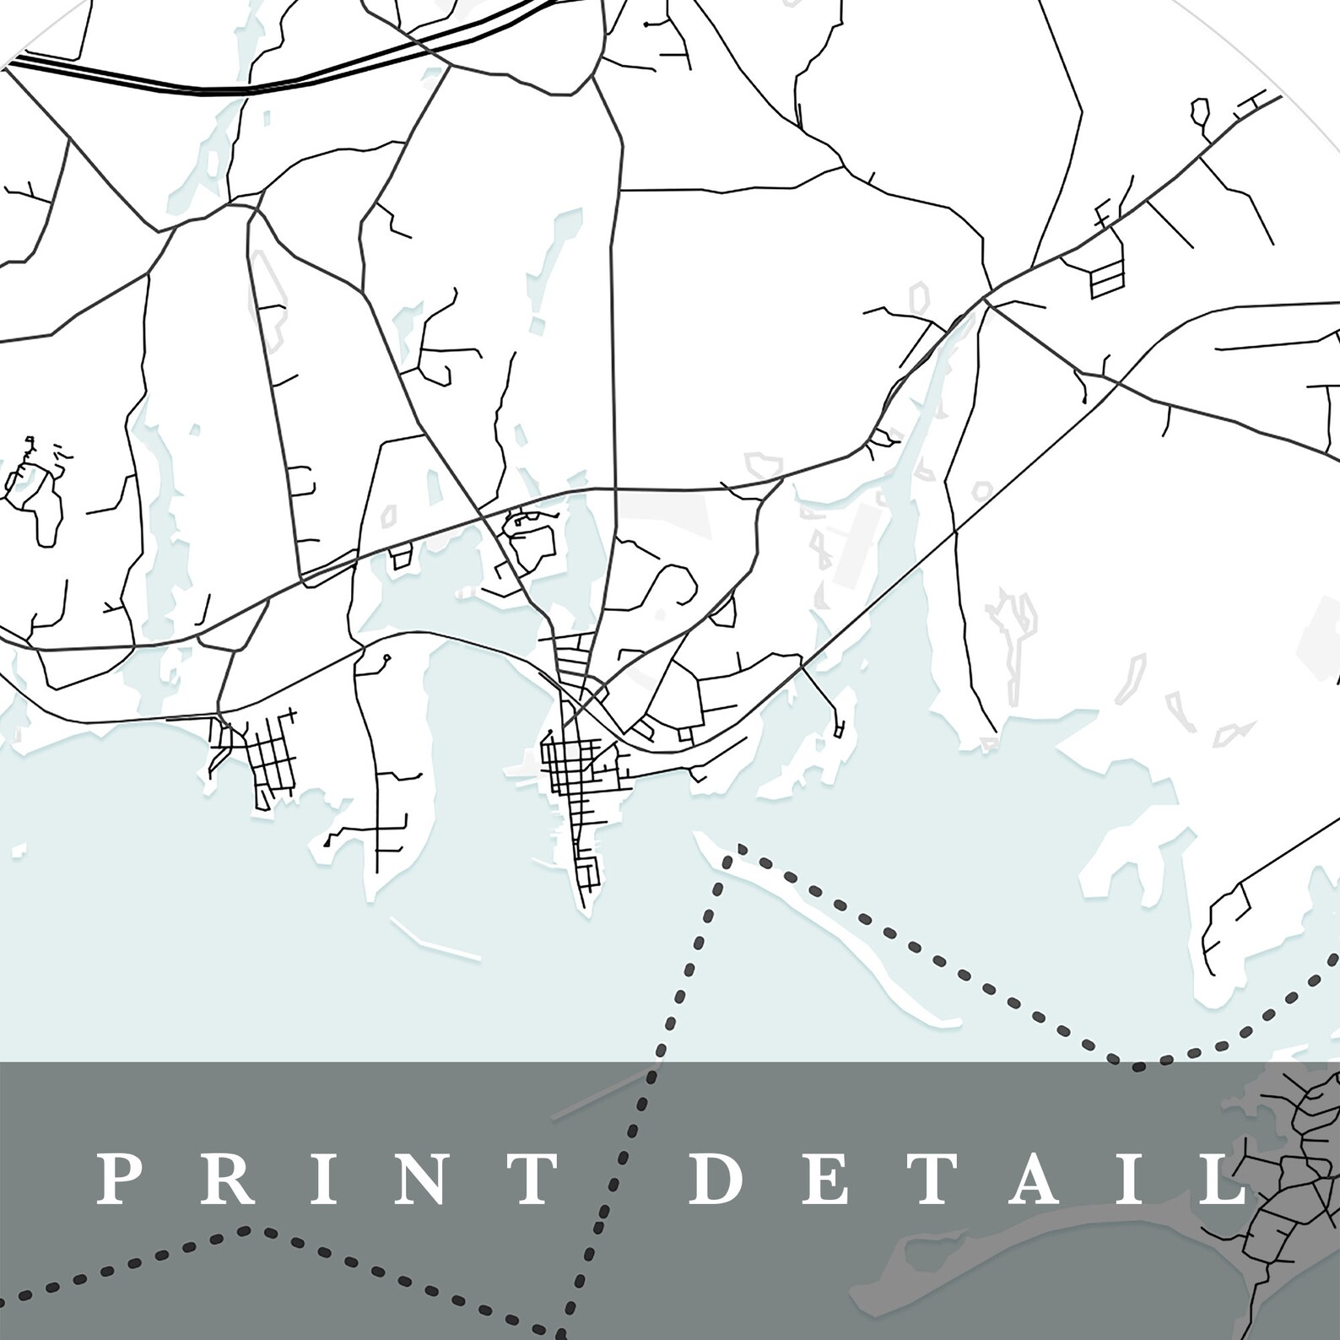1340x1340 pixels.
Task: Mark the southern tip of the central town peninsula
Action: tap(583, 907)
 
